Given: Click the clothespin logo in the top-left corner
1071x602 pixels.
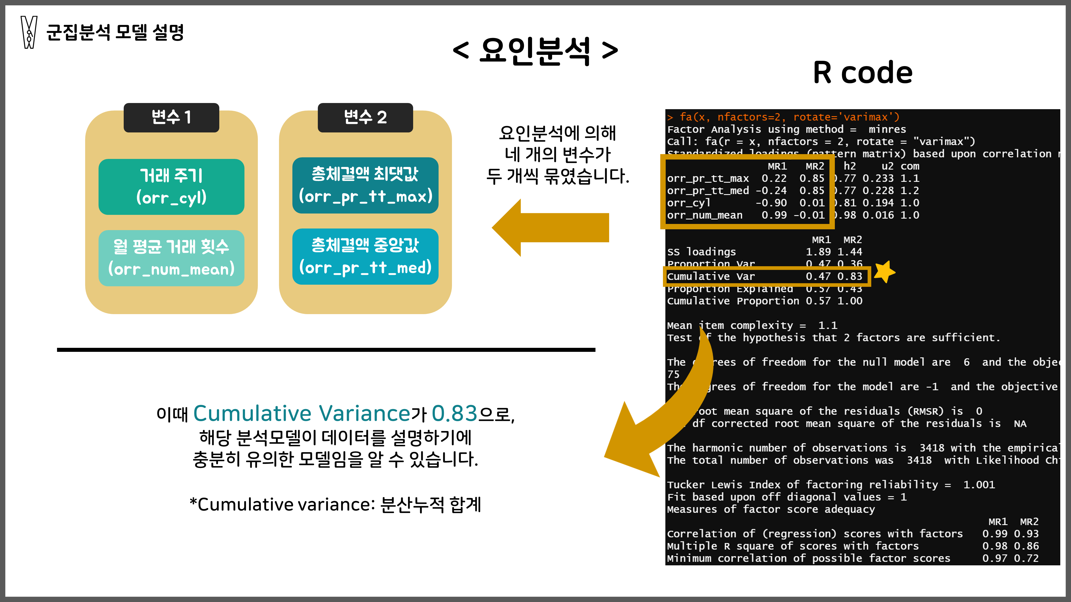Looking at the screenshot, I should [x=29, y=32].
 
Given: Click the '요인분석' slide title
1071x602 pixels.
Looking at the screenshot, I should [x=535, y=51].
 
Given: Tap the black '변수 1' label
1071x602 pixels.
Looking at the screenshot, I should [x=171, y=117].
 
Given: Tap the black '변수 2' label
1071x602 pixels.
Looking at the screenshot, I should [x=365, y=117].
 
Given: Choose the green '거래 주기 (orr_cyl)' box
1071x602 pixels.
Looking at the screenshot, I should [x=171, y=186].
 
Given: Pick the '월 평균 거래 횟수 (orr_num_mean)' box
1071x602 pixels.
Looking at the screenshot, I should [x=171, y=258].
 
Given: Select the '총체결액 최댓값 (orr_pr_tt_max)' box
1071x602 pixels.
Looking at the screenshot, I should [x=365, y=185].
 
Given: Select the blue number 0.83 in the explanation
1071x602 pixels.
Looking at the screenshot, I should [x=454, y=413].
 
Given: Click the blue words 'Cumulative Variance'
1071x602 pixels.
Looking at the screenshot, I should [x=302, y=413].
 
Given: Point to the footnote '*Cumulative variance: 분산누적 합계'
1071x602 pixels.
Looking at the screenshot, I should [x=335, y=504].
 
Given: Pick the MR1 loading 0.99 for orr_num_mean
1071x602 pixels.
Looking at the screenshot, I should [x=774, y=215].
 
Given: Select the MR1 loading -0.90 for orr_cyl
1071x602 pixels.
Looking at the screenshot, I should [x=771, y=203].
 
